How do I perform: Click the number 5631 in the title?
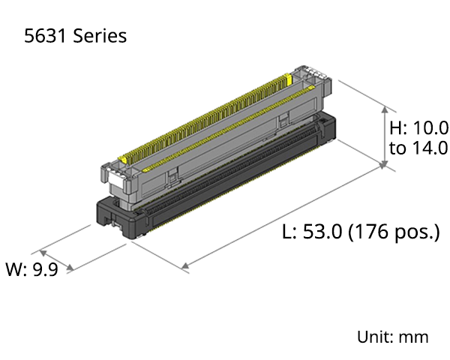tap(45, 36)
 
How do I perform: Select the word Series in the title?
tap(100, 36)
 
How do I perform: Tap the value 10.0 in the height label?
tap(430, 127)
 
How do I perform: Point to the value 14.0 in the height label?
tap(430, 148)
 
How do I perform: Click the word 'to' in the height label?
tap(397, 148)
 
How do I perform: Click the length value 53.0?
tap(322, 231)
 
